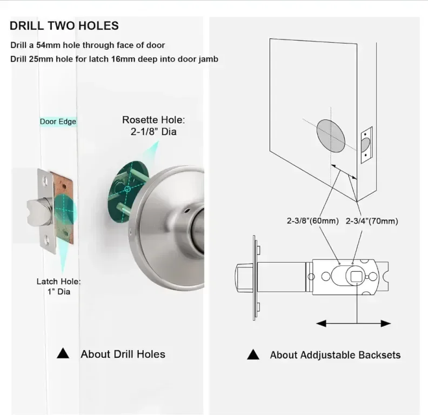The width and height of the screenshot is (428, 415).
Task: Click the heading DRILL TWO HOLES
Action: click(64, 25)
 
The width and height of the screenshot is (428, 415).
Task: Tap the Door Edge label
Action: click(58, 122)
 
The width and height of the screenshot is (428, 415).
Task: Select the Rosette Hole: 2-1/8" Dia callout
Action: click(153, 125)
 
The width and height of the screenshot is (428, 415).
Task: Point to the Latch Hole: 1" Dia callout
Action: click(59, 286)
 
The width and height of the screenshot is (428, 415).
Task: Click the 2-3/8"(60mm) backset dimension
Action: click(312, 220)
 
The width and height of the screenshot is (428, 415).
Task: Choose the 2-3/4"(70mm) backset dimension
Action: click(372, 221)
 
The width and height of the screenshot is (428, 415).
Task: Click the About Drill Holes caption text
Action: click(123, 354)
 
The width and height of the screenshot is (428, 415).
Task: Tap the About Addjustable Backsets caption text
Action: click(335, 355)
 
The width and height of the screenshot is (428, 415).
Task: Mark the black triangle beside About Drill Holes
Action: click(63, 353)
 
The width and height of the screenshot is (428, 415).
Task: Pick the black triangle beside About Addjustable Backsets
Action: click(253, 354)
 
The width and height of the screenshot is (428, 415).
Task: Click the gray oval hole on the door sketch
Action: click(331, 136)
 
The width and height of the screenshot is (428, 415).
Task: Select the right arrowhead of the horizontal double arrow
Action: click(386, 324)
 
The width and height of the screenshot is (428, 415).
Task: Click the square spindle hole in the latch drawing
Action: click(356, 277)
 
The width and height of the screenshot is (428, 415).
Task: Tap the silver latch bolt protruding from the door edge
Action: click(39, 212)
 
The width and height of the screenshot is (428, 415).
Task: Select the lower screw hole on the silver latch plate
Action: click(47, 240)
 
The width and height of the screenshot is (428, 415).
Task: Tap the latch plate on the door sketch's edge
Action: click(366, 145)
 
